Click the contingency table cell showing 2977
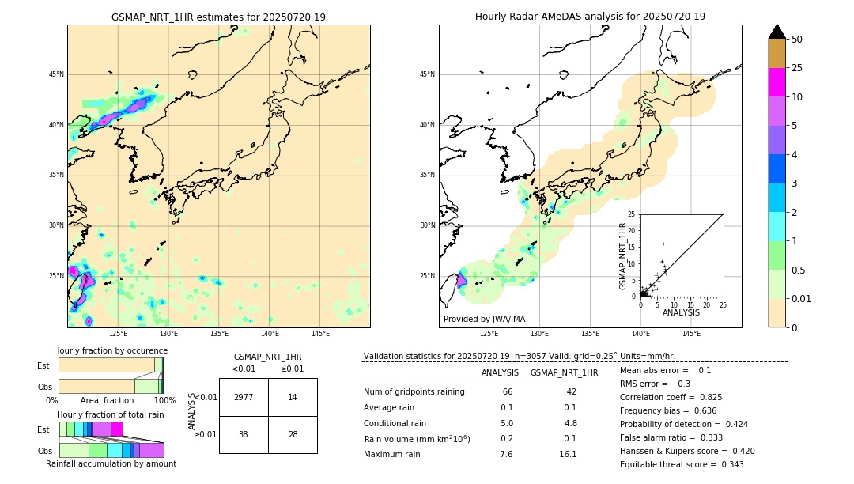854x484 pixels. click(244, 397)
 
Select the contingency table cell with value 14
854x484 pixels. click(293, 397)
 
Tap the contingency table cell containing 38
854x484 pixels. click(244, 435)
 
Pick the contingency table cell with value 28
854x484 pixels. click(293, 435)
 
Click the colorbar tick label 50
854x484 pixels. click(797, 40)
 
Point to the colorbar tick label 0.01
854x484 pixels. click(800, 298)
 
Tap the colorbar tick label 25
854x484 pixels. click(797, 68)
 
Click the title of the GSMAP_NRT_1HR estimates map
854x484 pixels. click(218, 17)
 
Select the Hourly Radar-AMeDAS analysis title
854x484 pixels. click(590, 17)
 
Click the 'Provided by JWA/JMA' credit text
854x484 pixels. click(484, 320)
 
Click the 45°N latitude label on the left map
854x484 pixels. click(56, 74)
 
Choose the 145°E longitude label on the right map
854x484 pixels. click(691, 334)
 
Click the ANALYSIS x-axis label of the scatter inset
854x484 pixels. click(681, 312)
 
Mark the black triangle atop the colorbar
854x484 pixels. click(777, 31)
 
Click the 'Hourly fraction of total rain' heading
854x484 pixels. click(111, 415)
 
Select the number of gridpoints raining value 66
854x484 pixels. click(507, 392)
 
